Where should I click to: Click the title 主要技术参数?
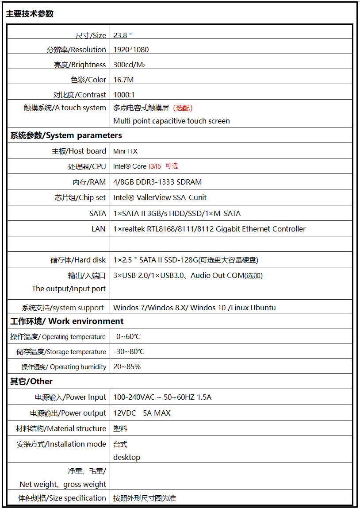30,14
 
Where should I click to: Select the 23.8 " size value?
123,35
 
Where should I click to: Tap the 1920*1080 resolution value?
131,50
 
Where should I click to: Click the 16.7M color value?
123,80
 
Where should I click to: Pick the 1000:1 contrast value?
124,95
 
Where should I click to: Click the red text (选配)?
183,108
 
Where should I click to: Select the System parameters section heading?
66,135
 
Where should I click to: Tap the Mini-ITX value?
126,151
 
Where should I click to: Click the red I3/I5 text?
154,166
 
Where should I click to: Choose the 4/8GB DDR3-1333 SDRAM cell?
157,182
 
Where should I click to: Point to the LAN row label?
99,229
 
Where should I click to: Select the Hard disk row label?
78,260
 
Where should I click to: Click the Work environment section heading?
67,321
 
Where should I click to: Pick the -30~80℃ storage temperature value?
129,351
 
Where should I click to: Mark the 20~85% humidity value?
127,366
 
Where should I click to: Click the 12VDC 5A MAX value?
142,413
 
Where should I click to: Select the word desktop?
126,457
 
